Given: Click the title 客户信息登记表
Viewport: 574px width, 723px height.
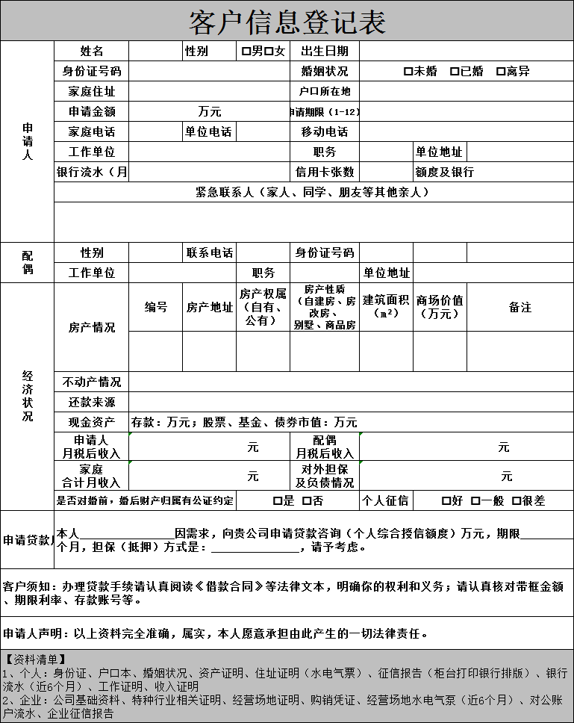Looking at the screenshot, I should point(287,22).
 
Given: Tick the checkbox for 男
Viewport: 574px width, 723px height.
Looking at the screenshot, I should point(246,52).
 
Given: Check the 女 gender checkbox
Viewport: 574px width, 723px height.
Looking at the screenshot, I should point(269,52).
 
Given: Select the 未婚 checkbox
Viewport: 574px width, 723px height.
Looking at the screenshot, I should point(408,72).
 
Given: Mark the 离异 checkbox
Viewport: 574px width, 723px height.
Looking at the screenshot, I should point(501,72).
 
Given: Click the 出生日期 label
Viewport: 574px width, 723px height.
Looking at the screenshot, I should point(324,52).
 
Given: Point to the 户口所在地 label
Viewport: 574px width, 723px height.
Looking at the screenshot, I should point(324,92).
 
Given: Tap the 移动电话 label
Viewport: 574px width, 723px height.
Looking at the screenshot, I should point(324,132).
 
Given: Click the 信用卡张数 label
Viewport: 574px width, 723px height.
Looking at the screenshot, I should point(324,173).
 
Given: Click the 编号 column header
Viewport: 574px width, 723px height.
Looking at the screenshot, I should point(155,307).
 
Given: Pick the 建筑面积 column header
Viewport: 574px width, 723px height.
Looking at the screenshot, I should point(386,300).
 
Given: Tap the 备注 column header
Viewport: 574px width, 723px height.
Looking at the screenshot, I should point(520,307).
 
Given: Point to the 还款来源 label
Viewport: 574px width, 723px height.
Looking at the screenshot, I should point(91,403).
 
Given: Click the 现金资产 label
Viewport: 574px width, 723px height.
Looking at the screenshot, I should point(91,423).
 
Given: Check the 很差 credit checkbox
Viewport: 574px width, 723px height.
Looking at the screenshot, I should point(516,501).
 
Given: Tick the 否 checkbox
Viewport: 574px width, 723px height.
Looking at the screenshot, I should point(307,501).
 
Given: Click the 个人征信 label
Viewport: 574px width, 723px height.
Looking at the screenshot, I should point(385,501).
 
